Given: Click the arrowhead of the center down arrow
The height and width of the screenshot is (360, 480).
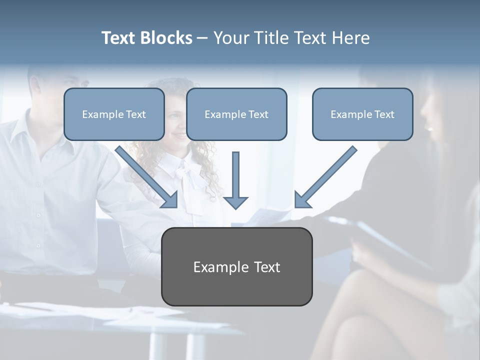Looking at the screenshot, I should pyautogui.click(x=235, y=202).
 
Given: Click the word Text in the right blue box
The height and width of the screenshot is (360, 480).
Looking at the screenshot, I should pyautogui.click(x=384, y=114).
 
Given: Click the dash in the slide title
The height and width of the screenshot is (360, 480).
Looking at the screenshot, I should pyautogui.click(x=202, y=38).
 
